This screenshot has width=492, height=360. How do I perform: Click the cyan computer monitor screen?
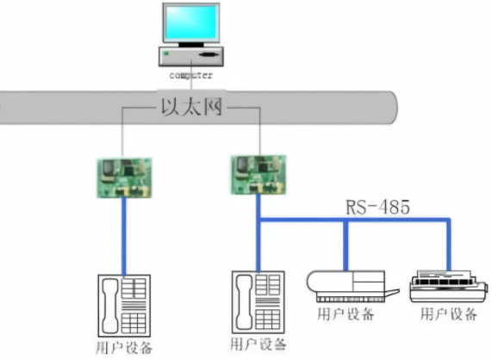[x=191, y=22]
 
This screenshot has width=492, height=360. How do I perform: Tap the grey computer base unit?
[x=191, y=56]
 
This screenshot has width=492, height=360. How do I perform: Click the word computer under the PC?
[x=190, y=76]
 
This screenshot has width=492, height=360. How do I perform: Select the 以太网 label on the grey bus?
[x=192, y=107]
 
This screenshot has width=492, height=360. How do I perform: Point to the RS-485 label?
[x=377, y=207]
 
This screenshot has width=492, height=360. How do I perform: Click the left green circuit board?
[x=124, y=177]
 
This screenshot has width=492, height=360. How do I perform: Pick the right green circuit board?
[x=258, y=175]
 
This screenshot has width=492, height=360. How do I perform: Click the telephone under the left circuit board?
[x=124, y=306]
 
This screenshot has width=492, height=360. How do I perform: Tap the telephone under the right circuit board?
[x=258, y=302]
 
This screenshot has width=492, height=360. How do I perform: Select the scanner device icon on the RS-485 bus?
[x=352, y=287]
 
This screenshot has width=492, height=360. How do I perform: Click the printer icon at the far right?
[x=449, y=286]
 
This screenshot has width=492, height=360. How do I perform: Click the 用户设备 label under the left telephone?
[x=124, y=348]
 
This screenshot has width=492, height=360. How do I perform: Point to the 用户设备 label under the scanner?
[x=346, y=313]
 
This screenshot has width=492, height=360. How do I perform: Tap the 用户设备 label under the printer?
[x=449, y=313]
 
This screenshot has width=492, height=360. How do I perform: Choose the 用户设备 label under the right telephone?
[x=258, y=344]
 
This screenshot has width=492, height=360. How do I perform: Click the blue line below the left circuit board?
[x=124, y=237]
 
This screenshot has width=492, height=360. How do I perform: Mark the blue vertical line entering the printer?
[x=449, y=245]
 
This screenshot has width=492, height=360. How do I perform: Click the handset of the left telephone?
[x=109, y=306]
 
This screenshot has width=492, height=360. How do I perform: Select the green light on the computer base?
[x=166, y=53]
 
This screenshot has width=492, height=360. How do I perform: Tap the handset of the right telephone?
[x=244, y=302]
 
